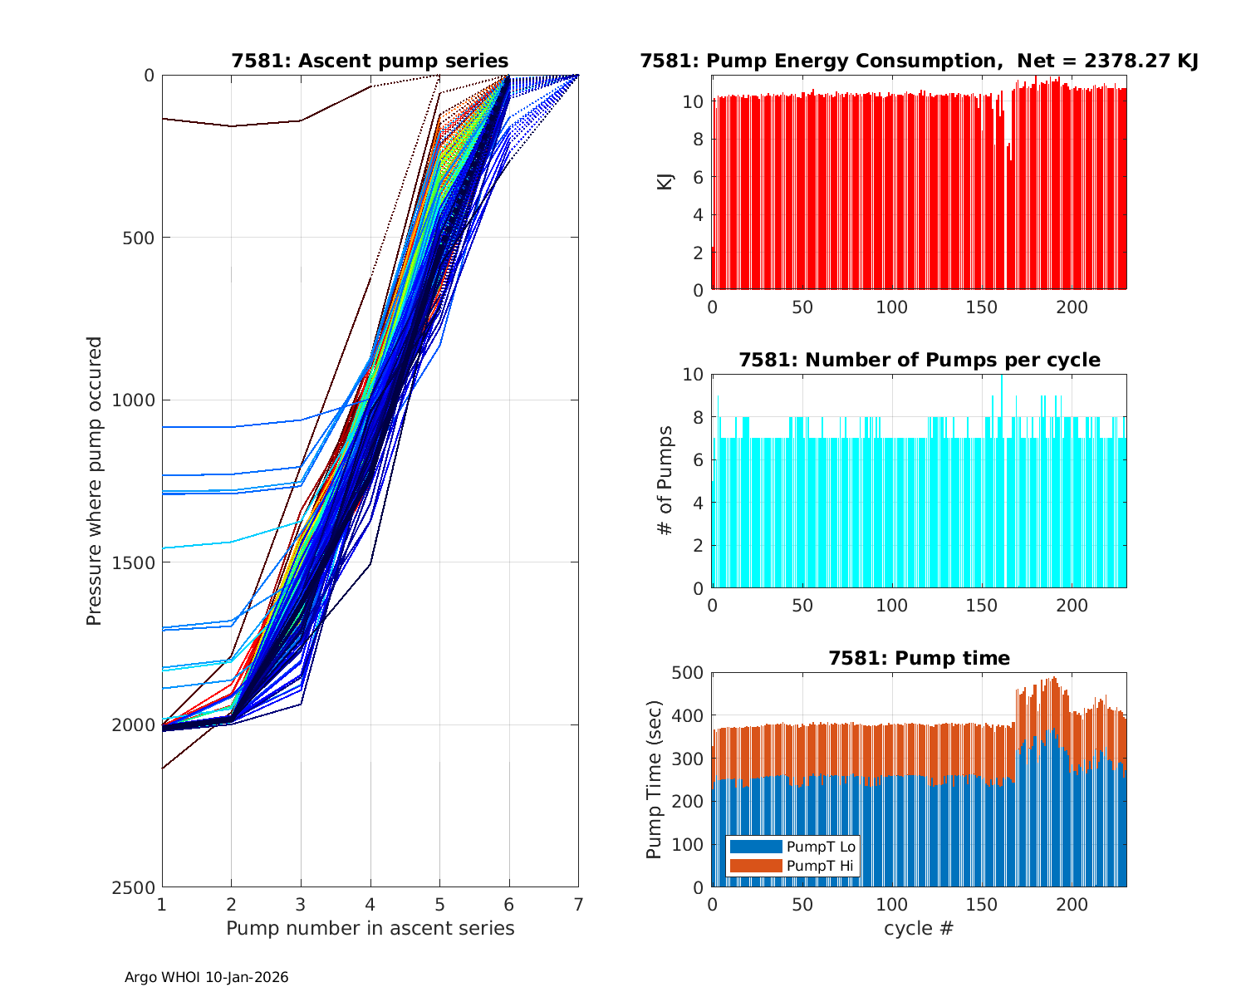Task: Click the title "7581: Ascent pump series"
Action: [x=370, y=61]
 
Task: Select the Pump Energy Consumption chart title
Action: [x=919, y=61]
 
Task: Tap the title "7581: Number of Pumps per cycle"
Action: [x=919, y=361]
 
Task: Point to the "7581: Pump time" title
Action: [x=919, y=659]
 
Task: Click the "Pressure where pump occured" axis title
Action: [x=95, y=481]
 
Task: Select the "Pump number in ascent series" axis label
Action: [x=370, y=928]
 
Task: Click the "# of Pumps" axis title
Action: [x=665, y=481]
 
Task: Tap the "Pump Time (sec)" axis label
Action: [x=655, y=780]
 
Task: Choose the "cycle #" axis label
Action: [x=919, y=928]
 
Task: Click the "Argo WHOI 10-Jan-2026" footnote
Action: [x=206, y=978]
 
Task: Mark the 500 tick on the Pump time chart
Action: [x=691, y=673]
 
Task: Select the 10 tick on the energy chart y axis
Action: [x=694, y=102]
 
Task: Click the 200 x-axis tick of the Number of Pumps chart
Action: [x=1072, y=606]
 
